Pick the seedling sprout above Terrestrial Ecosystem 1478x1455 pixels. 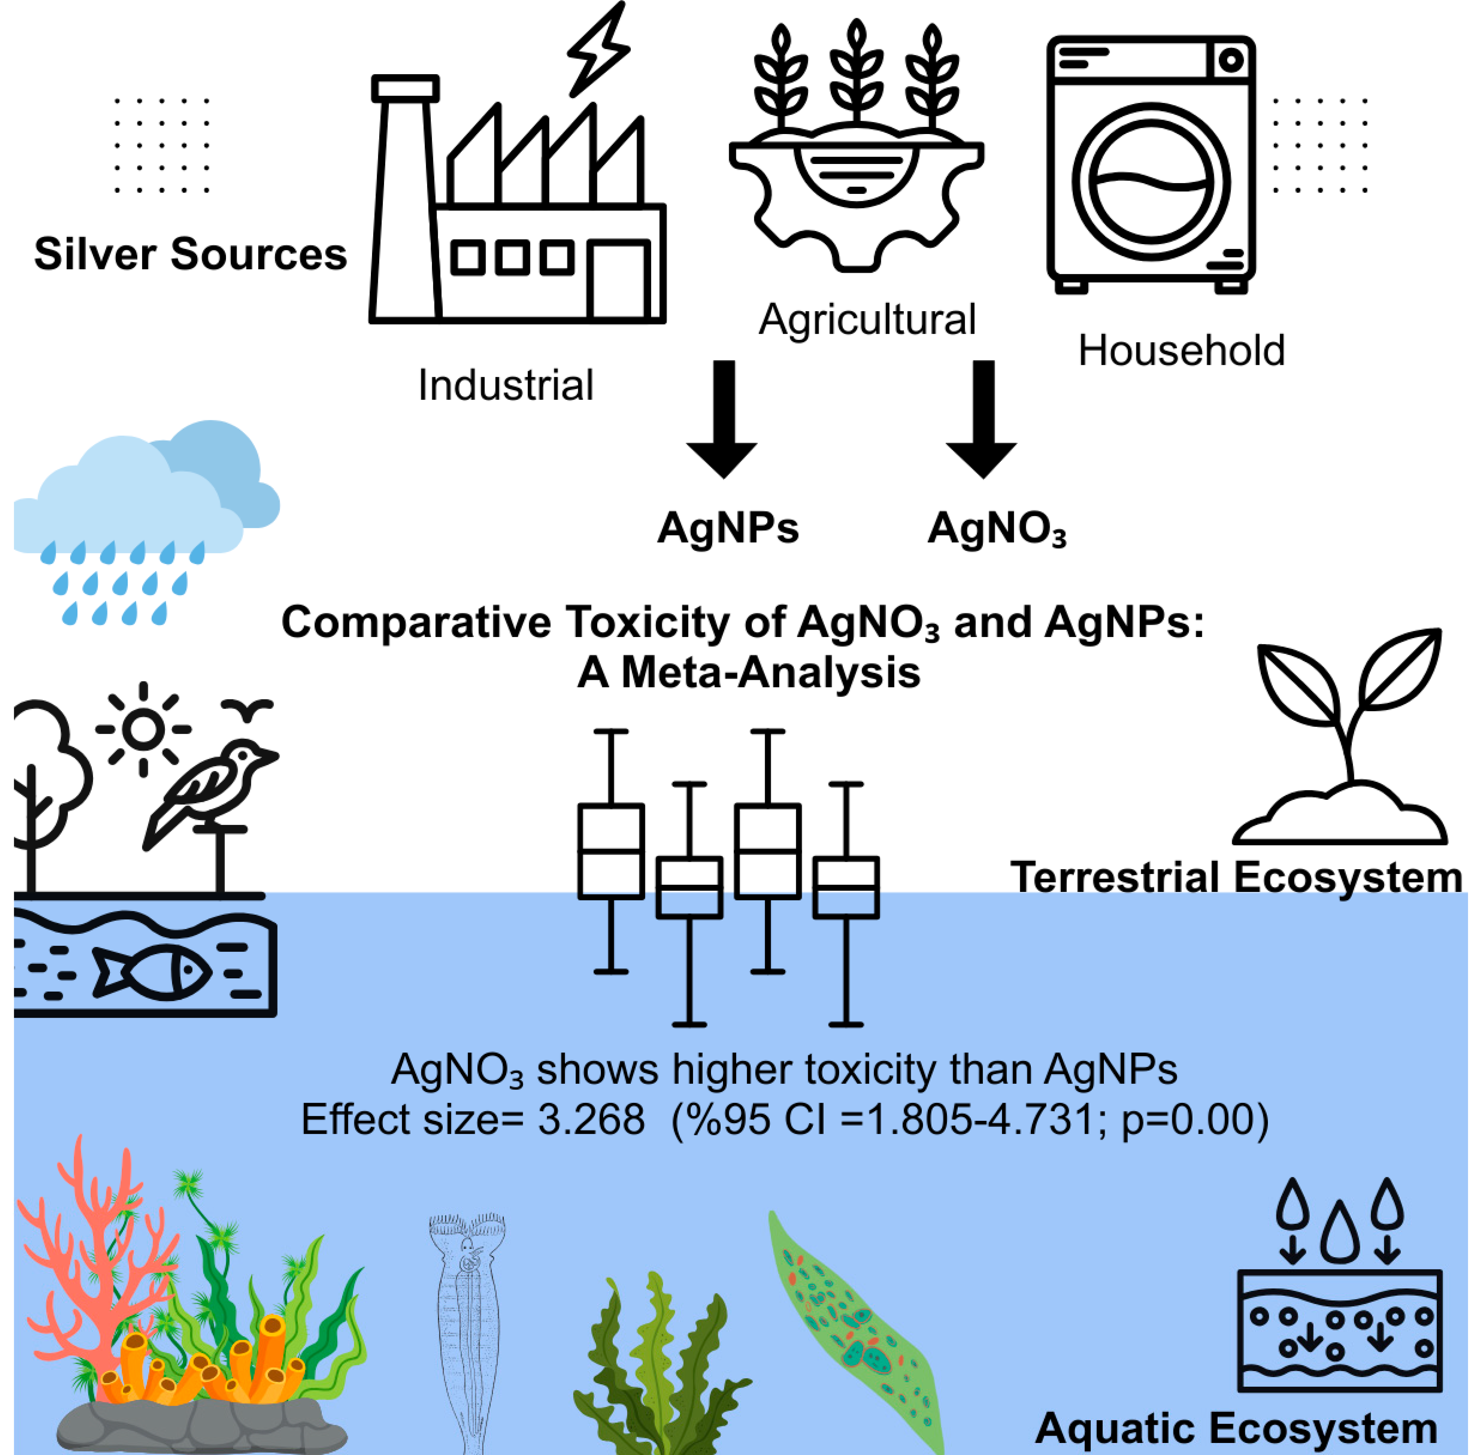[1346, 734]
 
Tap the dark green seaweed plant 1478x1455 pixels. [658, 1360]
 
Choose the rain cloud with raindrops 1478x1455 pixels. [145, 512]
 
